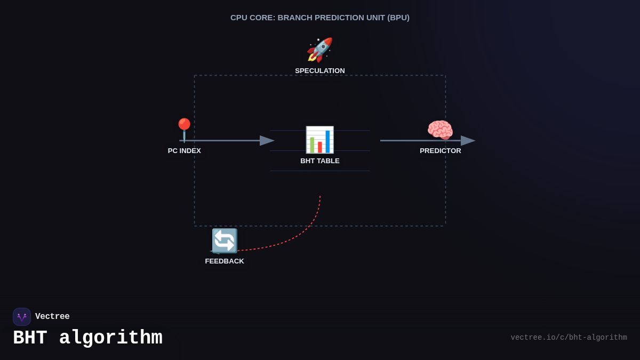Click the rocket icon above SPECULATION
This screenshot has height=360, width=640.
319,50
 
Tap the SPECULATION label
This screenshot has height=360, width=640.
320,71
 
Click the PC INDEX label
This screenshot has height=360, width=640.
185,151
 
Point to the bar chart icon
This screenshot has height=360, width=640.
319,140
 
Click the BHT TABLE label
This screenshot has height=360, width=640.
320,161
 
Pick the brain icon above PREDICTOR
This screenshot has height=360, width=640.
440,131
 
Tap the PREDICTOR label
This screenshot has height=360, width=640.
441,151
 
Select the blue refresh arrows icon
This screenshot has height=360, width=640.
225,241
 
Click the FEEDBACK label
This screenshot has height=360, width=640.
225,261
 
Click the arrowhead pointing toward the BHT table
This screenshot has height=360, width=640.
267,140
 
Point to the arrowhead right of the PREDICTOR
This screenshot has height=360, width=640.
468,140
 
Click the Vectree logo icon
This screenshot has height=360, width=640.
22,317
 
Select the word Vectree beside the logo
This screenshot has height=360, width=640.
52,317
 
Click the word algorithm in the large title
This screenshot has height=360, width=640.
110,338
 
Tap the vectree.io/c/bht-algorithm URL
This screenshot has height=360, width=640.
569,338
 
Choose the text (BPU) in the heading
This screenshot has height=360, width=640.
399,18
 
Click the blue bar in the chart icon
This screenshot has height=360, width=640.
327,141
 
